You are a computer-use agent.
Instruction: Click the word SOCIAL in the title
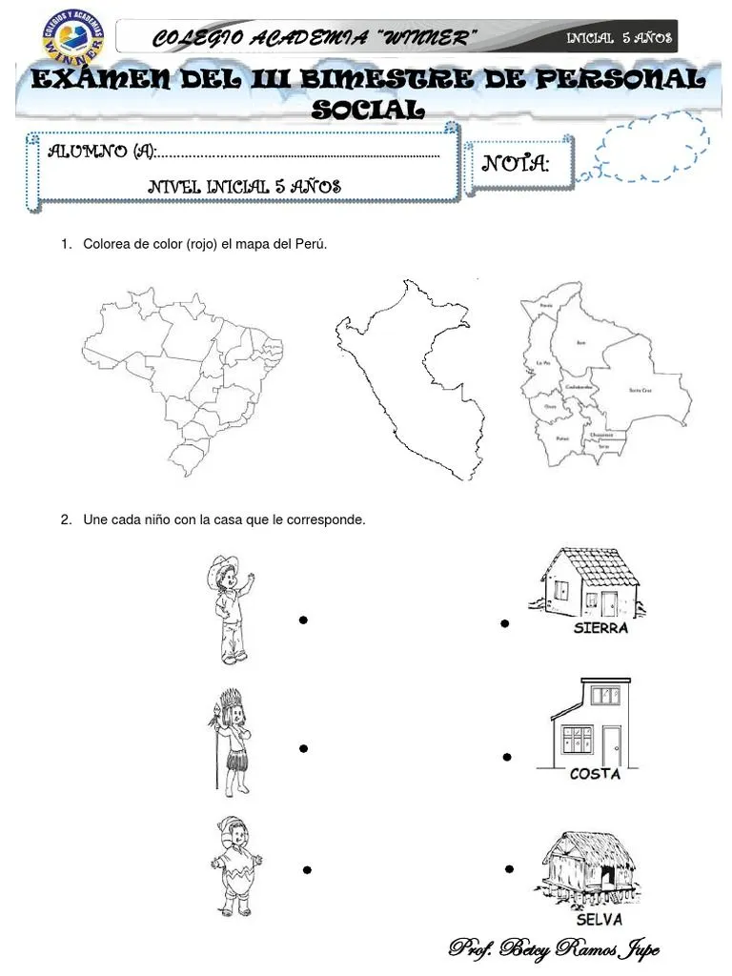tap(368, 110)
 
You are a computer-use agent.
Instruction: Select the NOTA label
tap(516, 164)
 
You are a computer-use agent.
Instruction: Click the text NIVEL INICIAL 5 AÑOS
tap(245, 188)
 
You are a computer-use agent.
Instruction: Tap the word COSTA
tap(595, 775)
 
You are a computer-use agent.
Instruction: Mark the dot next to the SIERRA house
tap(504, 624)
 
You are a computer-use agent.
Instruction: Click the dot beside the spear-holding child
tap(302, 749)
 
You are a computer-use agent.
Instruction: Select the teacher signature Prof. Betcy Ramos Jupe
tap(554, 949)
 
